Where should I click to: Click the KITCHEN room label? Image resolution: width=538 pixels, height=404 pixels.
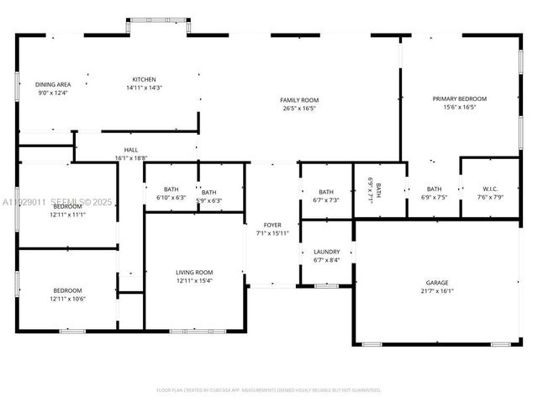144,79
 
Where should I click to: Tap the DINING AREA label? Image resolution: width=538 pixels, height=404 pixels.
52,84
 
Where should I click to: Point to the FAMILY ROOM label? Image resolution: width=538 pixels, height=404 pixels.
299,100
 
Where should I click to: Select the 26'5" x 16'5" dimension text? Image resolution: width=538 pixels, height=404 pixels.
299,109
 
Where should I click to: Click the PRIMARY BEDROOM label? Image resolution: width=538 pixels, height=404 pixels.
459,98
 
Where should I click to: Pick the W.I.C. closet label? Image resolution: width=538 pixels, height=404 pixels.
490,189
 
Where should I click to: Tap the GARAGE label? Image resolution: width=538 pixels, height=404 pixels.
435,282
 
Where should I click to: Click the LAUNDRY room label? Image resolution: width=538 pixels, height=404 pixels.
326,252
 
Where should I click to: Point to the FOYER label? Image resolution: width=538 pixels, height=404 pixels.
272,225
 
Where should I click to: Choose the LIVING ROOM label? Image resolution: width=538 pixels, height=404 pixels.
194,272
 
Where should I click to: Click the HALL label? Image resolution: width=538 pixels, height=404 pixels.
131,150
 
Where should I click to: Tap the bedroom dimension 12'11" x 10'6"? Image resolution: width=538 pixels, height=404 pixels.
67,299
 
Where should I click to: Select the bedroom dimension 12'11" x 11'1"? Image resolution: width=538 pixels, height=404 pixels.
67,215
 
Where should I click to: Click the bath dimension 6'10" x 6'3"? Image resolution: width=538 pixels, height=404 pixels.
171,198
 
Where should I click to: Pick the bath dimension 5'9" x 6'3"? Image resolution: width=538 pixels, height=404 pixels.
208,201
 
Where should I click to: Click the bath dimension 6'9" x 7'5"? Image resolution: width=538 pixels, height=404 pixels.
434,198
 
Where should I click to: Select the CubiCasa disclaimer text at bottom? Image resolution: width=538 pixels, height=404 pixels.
269,390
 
